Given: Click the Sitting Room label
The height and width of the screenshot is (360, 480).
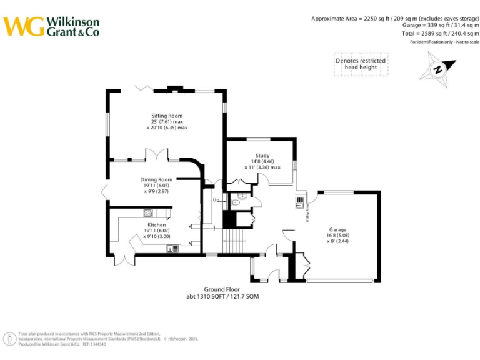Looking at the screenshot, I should click(x=166, y=116).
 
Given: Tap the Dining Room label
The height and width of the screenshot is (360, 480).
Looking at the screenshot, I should click(x=156, y=179).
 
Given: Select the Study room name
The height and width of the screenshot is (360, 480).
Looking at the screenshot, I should click(x=262, y=156).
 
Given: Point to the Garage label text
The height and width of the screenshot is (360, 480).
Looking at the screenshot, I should click(x=337, y=230).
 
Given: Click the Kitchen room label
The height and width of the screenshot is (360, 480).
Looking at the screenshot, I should click(x=156, y=225).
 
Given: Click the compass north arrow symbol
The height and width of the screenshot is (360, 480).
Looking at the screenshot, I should click(x=437, y=69).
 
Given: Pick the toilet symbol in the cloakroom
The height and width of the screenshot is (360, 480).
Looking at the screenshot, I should click(x=236, y=202).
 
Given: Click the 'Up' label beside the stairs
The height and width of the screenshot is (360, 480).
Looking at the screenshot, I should click(x=216, y=201).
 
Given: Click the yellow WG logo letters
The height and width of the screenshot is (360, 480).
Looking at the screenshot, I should click(x=24, y=26).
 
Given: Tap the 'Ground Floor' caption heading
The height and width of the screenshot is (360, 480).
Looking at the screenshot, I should click(x=222, y=289).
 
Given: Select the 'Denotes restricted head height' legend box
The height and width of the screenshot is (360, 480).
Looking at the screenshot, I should click(x=360, y=64).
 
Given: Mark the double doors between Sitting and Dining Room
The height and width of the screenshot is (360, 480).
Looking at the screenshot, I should click(x=156, y=154).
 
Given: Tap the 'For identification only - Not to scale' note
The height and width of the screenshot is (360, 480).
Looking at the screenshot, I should click(x=444, y=42).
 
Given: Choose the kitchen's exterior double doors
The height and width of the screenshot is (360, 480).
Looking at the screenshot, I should click(x=124, y=259).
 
